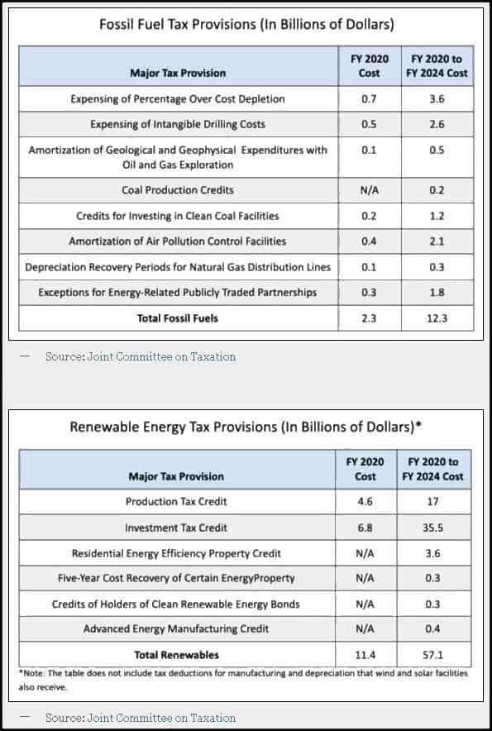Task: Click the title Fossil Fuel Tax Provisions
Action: coord(246,24)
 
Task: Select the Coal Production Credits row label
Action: coord(178,190)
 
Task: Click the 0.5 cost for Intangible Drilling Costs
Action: coord(369,125)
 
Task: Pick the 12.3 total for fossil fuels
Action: coord(437,318)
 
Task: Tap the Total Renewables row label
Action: coord(177,655)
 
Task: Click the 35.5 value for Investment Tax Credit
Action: coord(433,528)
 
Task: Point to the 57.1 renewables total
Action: coord(433,655)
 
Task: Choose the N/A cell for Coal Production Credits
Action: coord(369,190)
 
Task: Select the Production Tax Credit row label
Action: coord(176,502)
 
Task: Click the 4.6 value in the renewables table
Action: coord(365,502)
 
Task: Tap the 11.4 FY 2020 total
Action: coord(365,655)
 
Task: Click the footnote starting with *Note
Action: coord(243,681)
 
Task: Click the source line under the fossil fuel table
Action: coord(141,356)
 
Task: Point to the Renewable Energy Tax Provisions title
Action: coord(246,427)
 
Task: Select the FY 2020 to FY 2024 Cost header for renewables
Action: coord(433,469)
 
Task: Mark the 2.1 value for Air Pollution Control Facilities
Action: coord(437,241)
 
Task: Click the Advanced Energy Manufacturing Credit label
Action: coord(176,629)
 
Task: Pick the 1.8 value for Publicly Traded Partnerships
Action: coord(437,293)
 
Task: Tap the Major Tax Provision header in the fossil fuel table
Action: coord(178,74)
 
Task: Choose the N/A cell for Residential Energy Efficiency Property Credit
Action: coord(365,553)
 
